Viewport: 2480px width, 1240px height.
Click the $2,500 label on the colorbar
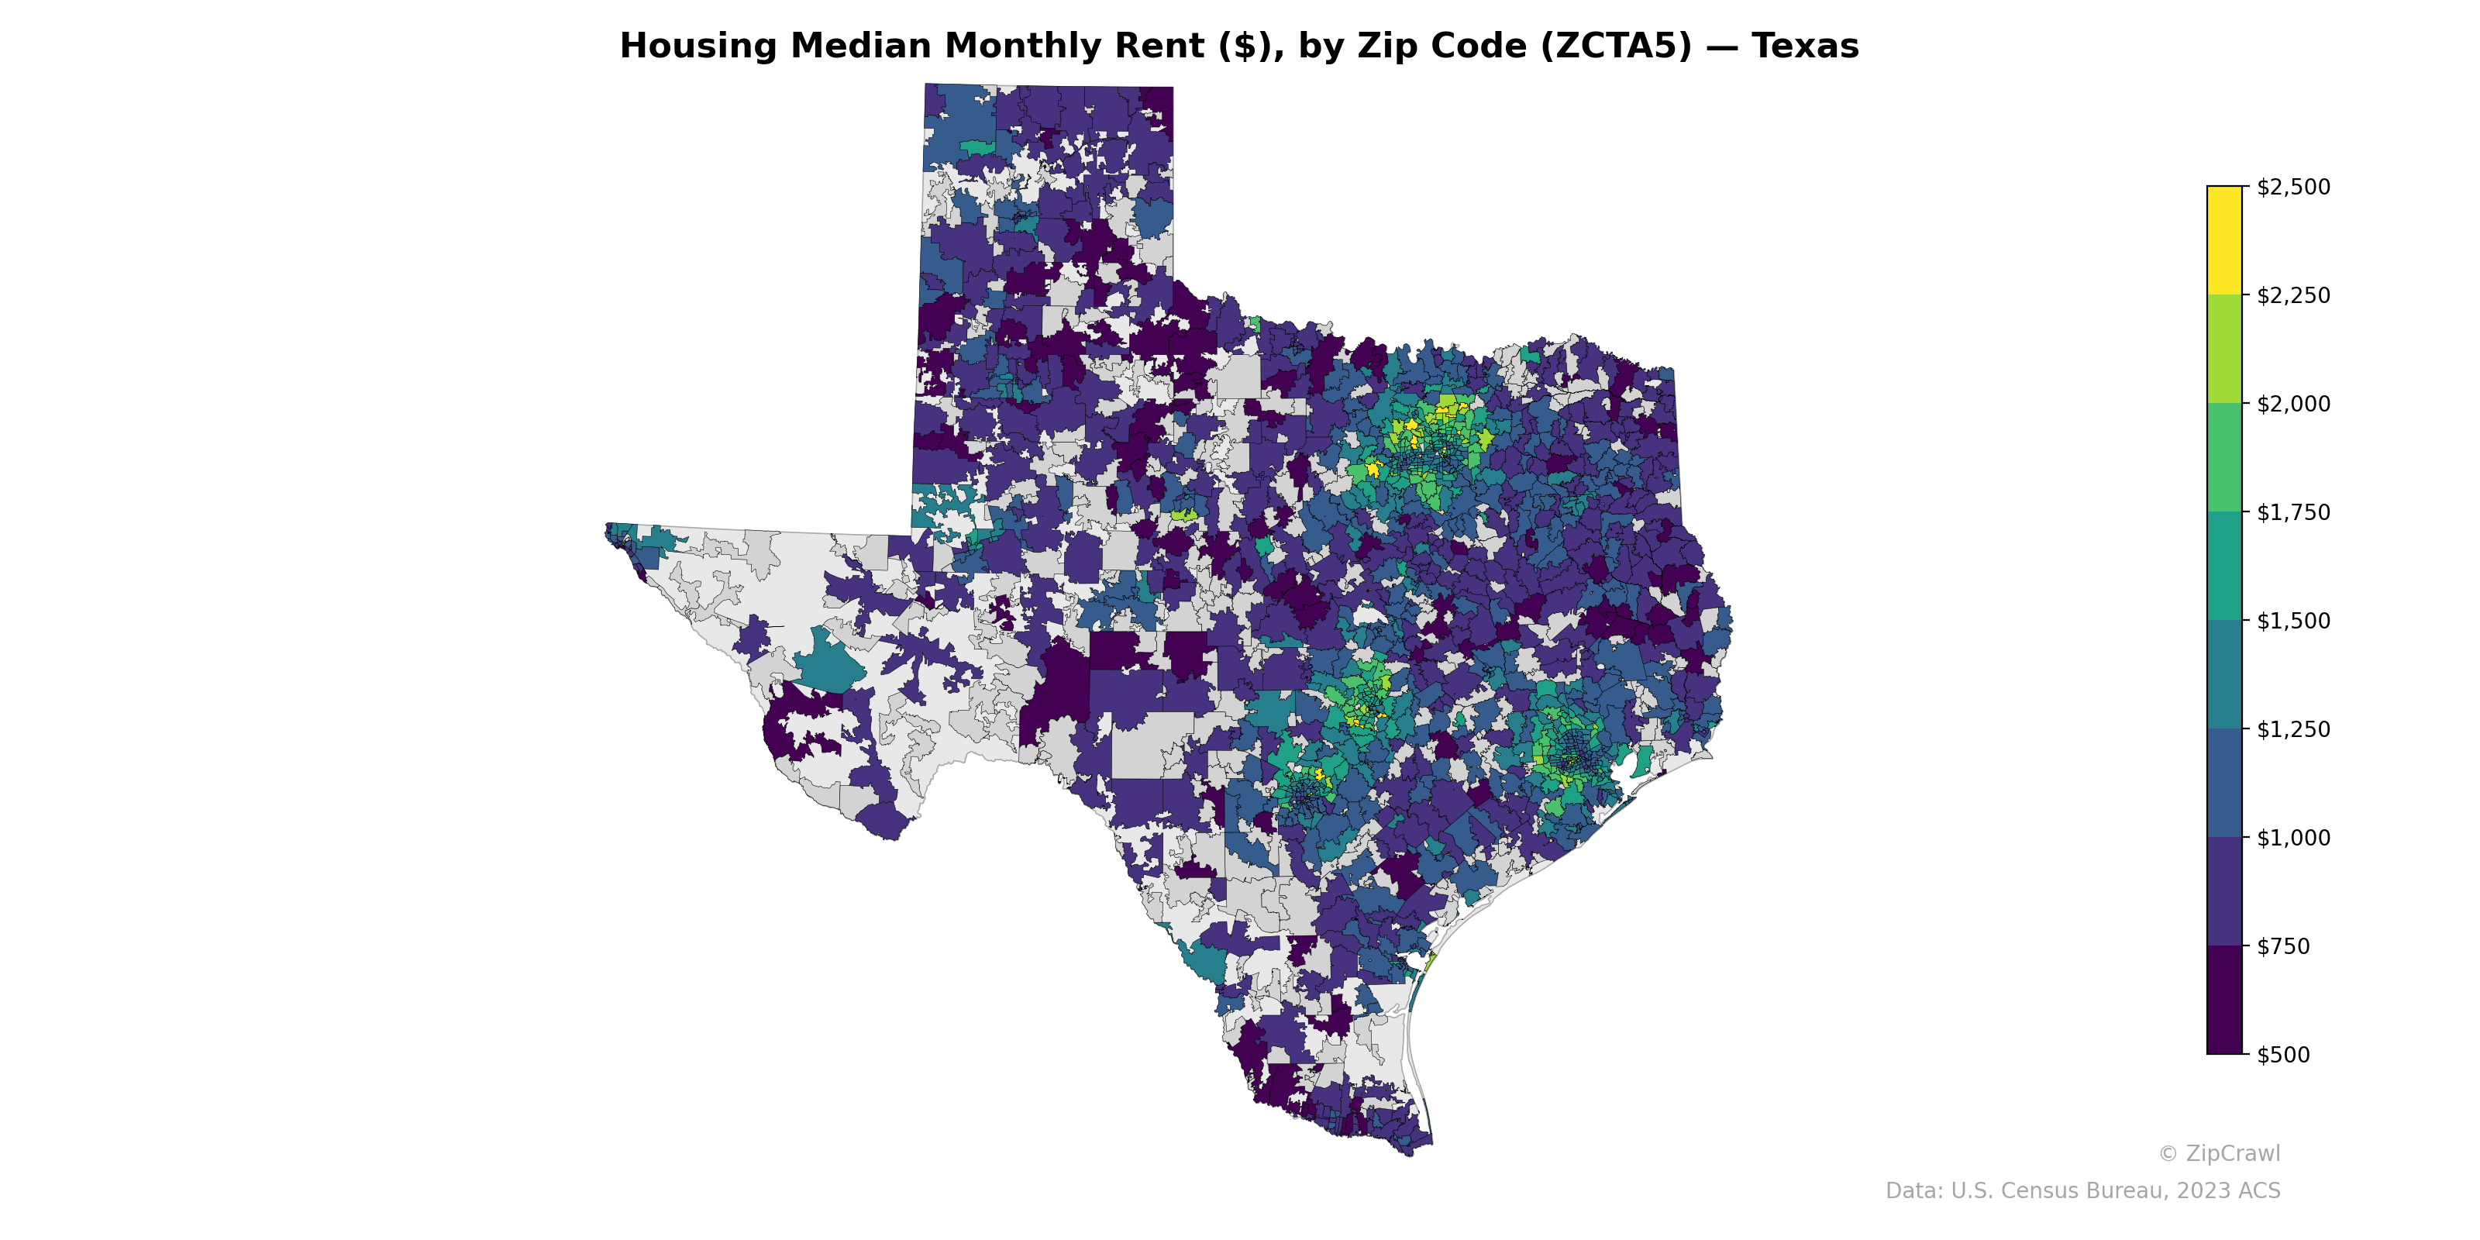click(x=2293, y=187)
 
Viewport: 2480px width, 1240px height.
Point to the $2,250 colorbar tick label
click(x=2293, y=295)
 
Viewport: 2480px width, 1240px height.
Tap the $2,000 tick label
click(x=2293, y=403)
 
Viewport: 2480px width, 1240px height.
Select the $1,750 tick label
click(x=2293, y=512)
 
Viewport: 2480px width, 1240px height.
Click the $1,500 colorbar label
click(x=2293, y=621)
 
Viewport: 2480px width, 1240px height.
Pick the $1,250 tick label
click(x=2293, y=728)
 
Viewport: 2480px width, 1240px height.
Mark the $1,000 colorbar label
click(x=2293, y=838)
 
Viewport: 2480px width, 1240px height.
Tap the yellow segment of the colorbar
click(x=2224, y=241)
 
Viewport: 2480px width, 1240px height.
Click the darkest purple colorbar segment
click(x=2224, y=1001)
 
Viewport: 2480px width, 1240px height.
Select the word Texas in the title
click(x=1805, y=46)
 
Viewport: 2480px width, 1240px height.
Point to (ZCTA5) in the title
click(x=1615, y=46)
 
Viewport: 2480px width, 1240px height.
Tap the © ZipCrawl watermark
click(x=2219, y=1153)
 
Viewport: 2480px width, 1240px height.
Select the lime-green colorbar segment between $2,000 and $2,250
click(x=2224, y=350)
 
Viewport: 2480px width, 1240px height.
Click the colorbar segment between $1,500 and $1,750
click(x=2224, y=566)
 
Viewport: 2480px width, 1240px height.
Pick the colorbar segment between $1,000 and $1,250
click(x=2224, y=784)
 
